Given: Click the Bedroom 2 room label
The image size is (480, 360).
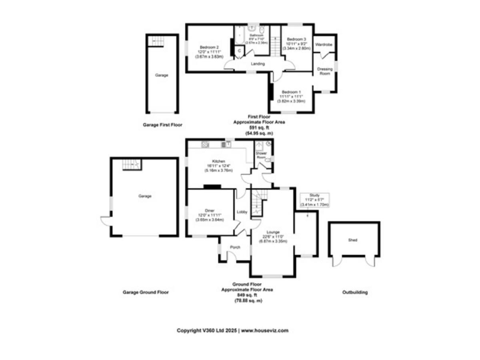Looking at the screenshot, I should pos(209,47).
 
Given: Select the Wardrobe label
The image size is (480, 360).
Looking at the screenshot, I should pos(324,45).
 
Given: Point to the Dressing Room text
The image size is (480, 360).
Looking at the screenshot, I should pos(324,71).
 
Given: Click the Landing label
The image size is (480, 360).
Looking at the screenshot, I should pos(257,64).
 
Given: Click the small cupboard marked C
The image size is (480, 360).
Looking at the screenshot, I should pos(239,51).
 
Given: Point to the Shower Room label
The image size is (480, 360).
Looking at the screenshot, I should pos(261,155).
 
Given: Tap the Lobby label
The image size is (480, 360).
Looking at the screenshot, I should pos(242,212).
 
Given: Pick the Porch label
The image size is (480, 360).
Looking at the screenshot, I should pos(235,247).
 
